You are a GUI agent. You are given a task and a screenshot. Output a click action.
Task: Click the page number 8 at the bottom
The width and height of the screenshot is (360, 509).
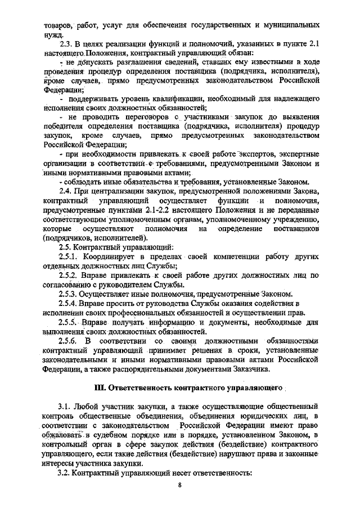[179, 487]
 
